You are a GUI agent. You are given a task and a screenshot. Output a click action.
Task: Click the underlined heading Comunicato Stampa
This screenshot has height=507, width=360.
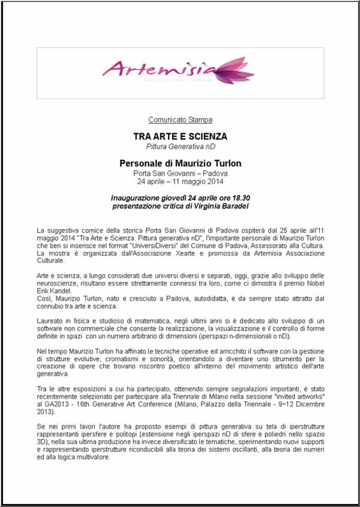(180, 119)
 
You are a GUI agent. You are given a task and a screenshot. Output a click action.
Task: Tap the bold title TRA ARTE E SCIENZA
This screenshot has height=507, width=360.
(180, 136)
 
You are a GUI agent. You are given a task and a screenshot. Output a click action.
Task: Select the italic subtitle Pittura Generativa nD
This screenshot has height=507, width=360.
(180, 146)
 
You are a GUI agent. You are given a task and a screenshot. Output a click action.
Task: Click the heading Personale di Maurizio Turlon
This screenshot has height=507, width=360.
(180, 163)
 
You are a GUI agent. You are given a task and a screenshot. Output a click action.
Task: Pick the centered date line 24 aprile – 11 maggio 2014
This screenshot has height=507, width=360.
(180, 181)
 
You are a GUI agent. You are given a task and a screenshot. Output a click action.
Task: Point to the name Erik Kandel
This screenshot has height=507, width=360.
(54, 291)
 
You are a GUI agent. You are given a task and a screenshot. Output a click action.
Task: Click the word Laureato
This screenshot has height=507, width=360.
(48, 321)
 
